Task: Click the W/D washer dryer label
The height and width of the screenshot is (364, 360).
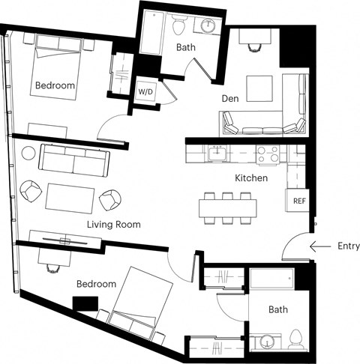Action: [x=145, y=92]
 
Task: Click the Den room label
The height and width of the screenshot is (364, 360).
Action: [x=229, y=98]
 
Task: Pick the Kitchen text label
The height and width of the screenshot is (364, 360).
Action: [x=251, y=178]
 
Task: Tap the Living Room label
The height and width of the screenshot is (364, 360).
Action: [x=113, y=224]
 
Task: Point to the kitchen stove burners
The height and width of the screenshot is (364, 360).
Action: [x=268, y=154]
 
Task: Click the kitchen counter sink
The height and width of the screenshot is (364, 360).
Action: [x=220, y=154]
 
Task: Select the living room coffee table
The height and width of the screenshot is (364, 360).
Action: [x=70, y=198]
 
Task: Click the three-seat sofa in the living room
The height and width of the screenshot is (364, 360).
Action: [x=75, y=159]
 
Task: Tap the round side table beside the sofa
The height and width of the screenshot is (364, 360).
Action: [x=28, y=154]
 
